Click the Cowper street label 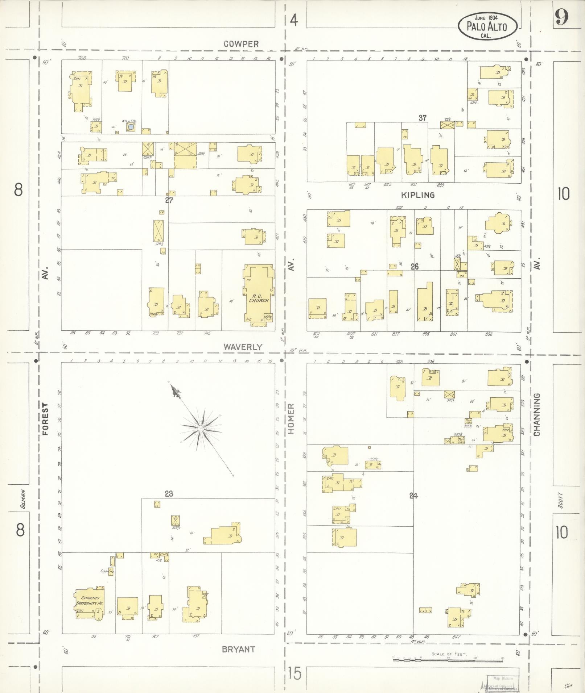(241, 44)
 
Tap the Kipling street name (417, 195)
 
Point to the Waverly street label (242, 347)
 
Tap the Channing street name (537, 414)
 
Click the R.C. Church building (259, 295)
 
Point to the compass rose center (200, 429)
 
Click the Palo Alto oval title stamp (487, 26)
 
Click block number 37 (422, 118)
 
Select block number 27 (169, 200)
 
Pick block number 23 (169, 493)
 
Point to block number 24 (413, 496)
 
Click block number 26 (415, 267)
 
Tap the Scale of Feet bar (448, 660)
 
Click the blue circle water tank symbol (131, 127)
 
